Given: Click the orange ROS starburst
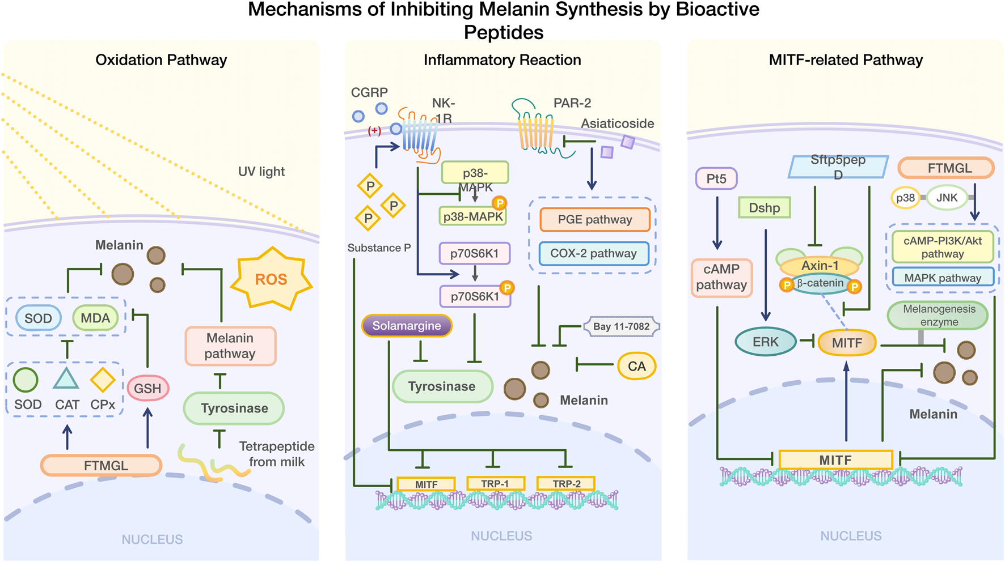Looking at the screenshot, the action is point(271,278).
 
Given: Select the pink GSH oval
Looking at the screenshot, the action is point(147,389).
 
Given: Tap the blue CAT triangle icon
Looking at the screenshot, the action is point(66,378).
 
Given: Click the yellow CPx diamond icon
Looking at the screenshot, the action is point(103,380).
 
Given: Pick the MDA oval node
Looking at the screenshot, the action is point(95,318).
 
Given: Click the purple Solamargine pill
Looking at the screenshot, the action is point(407,326).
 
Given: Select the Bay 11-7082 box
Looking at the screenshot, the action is point(622,326).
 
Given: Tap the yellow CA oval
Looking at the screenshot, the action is point(636,366).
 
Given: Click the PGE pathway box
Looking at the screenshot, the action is point(595,220).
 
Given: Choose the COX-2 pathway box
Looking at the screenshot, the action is point(593,253).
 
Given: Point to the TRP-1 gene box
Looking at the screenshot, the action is point(495,483).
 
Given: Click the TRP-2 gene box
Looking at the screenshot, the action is point(566,483).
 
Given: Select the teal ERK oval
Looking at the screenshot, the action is point(766,342).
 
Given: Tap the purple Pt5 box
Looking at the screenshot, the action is point(716,179).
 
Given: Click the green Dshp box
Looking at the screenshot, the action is point(765,208).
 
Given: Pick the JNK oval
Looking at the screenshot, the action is point(947,198).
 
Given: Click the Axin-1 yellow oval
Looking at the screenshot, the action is point(820,266).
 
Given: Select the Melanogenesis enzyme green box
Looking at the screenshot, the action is point(939,316).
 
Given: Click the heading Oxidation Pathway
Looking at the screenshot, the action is point(161,60).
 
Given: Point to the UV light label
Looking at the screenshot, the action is point(261,172).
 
